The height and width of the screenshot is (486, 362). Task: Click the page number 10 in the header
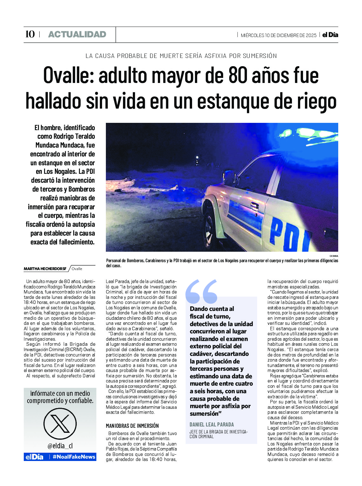pyautogui.click(x=30, y=34)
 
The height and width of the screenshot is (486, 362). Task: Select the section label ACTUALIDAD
pyautogui.click(x=77, y=35)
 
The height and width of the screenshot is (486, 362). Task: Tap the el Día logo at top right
pyautogui.click(x=330, y=35)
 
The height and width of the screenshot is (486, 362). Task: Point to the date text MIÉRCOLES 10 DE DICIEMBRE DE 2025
pyautogui.click(x=278, y=35)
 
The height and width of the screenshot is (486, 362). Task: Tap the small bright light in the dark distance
pyautogui.click(x=197, y=157)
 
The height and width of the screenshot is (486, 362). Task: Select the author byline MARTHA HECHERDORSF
pyautogui.click(x=45, y=269)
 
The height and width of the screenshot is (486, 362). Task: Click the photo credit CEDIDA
pyautogui.click(x=333, y=256)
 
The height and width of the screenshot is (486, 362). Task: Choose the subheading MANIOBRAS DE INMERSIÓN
pyautogui.click(x=132, y=426)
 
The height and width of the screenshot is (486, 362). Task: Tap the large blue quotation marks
pyautogui.click(x=201, y=291)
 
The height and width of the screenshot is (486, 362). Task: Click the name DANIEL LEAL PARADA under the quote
pyautogui.click(x=211, y=425)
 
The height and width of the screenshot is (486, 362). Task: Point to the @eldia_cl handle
pyautogui.click(x=60, y=446)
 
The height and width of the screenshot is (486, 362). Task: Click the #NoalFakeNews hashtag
pyautogui.click(x=74, y=457)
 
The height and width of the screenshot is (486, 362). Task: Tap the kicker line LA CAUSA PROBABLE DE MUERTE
pyautogui.click(x=181, y=56)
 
